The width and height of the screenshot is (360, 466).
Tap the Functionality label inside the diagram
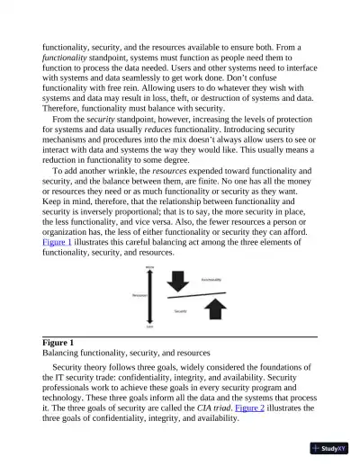pyautogui.click(x=211, y=280)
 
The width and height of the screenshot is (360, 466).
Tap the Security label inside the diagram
pyautogui.click(x=180, y=310)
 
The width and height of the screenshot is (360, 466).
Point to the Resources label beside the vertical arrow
pyautogui.click(x=138, y=294)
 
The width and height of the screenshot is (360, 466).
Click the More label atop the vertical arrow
pyautogui.click(x=149, y=267)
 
